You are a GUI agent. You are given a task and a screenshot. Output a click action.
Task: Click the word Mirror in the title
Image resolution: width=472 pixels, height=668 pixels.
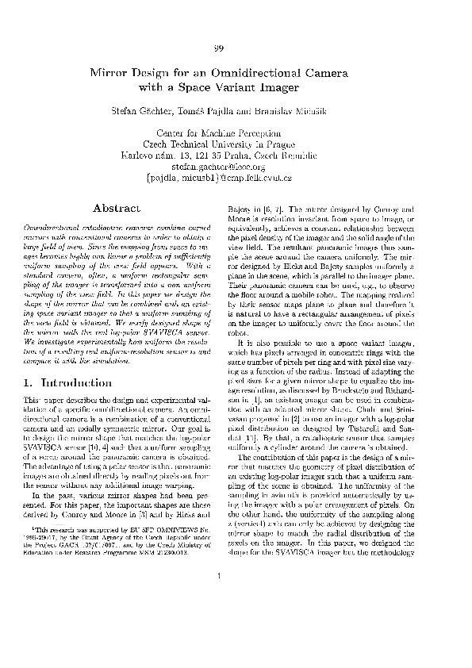click(x=114, y=72)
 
